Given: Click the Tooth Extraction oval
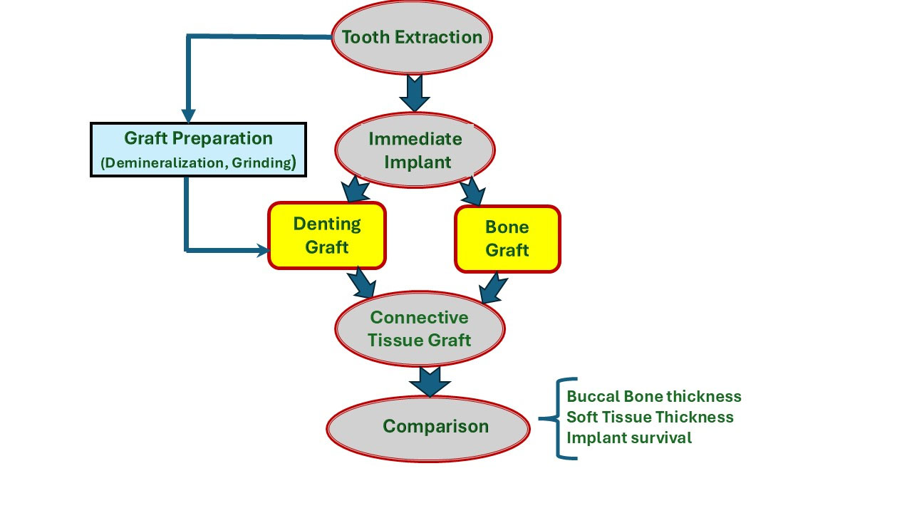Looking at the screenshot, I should pyautogui.click(x=412, y=37).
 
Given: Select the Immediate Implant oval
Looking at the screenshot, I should pyautogui.click(x=415, y=150).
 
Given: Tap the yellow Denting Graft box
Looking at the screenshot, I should pyautogui.click(x=327, y=235).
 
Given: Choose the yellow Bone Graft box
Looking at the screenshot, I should pyautogui.click(x=507, y=239).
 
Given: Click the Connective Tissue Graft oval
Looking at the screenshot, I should pyautogui.click(x=420, y=328).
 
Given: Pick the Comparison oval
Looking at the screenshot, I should pyautogui.click(x=428, y=427).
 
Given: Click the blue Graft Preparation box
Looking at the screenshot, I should pyautogui.click(x=198, y=150).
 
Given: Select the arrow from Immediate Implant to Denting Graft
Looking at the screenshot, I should pyautogui.click(x=354, y=190).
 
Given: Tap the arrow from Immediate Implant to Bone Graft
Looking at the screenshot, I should pyautogui.click(x=472, y=191).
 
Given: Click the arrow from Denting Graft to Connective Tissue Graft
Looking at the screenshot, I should pyautogui.click(x=361, y=283).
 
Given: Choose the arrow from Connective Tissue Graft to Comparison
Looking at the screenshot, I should pyautogui.click(x=430, y=382).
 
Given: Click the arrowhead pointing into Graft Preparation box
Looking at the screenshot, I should pyautogui.click(x=188, y=116).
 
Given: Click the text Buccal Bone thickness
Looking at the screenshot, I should pyautogui.click(x=654, y=397).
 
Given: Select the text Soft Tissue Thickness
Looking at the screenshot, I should pyautogui.click(x=650, y=417).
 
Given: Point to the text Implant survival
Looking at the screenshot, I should pyautogui.click(x=629, y=437).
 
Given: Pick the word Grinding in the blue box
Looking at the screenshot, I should pyautogui.click(x=261, y=163).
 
